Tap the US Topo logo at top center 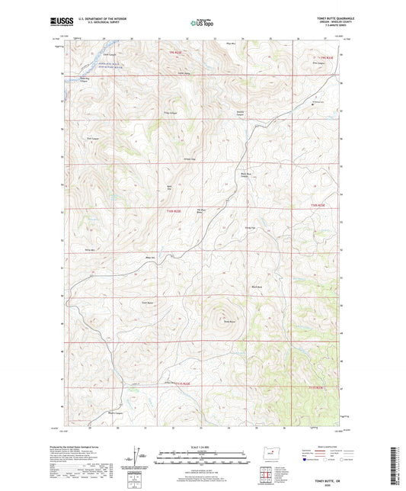pyautogui.click(x=202, y=23)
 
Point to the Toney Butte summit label pyautogui.click(x=227, y=322)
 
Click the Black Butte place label pyautogui.click(x=257, y=287)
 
